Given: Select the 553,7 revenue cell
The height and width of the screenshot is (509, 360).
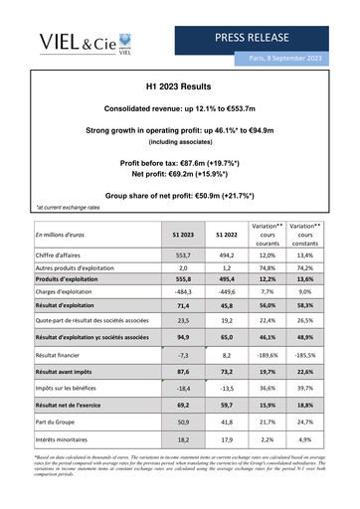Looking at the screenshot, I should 180,255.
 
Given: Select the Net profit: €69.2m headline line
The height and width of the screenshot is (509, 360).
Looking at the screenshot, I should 179,173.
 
